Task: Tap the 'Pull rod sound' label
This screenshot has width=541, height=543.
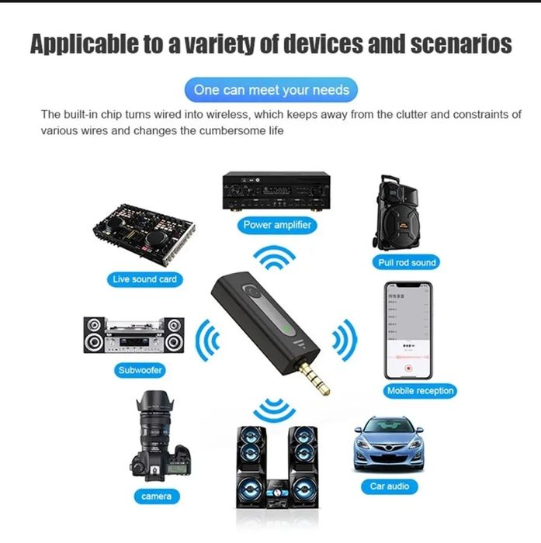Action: tap(407, 262)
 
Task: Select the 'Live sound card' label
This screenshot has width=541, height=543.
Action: tap(145, 278)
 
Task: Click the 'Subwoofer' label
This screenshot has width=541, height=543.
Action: tap(140, 370)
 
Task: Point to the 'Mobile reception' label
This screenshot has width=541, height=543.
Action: tap(420, 391)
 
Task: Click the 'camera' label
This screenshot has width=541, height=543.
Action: tap(156, 496)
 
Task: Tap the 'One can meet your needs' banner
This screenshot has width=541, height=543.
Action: tap(271, 90)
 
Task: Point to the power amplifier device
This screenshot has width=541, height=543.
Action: tap(276, 189)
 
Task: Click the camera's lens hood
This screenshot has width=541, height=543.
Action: tap(154, 404)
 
